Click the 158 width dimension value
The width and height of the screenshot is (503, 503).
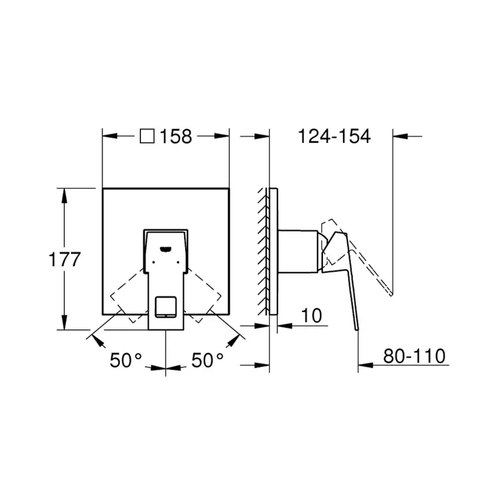[176, 136]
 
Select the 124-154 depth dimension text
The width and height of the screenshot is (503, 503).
[333, 136]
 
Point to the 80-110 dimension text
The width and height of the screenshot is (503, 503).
[414, 355]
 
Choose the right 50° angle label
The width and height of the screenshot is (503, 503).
[207, 360]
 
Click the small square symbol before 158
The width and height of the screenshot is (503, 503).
[147, 136]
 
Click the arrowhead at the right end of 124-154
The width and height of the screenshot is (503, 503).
[400, 136]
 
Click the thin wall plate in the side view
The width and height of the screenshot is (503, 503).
[273, 251]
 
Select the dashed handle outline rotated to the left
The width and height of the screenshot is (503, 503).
[130, 296]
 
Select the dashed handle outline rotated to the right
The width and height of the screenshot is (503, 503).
[202, 296]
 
